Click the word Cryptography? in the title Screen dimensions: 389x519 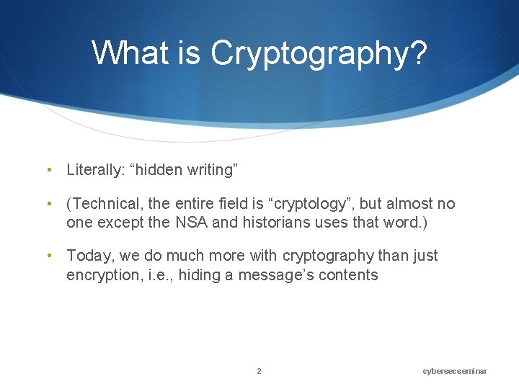(x=319, y=53)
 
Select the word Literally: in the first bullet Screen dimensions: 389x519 (x=95, y=171)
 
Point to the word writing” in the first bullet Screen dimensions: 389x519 (x=211, y=171)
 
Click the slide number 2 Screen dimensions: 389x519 (x=259, y=371)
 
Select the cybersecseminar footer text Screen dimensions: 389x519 (x=455, y=371)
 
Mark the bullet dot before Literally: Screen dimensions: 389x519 (x=48, y=171)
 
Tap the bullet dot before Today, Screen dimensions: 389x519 (x=48, y=256)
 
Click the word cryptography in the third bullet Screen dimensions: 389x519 (x=328, y=256)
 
